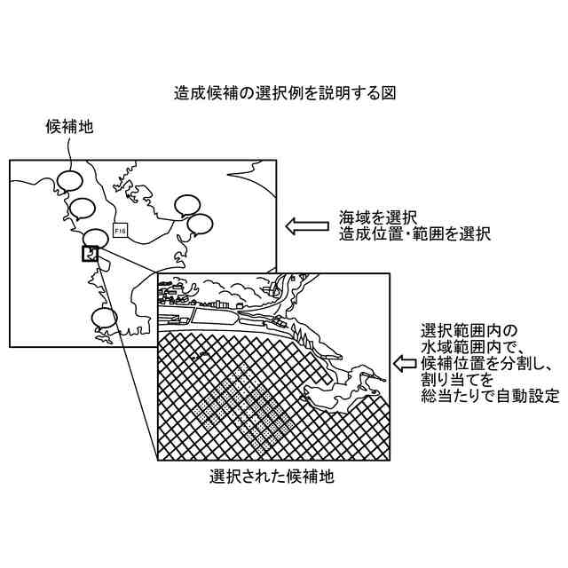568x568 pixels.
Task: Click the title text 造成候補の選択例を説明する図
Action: (284, 92)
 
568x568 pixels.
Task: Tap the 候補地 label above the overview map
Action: (69, 128)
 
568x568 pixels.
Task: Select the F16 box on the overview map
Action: (122, 231)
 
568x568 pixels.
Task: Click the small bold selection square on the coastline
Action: (90, 254)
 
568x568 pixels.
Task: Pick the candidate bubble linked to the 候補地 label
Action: (69, 181)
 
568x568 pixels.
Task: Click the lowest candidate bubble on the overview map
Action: (105, 316)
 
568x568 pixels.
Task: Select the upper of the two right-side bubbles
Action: (188, 205)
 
